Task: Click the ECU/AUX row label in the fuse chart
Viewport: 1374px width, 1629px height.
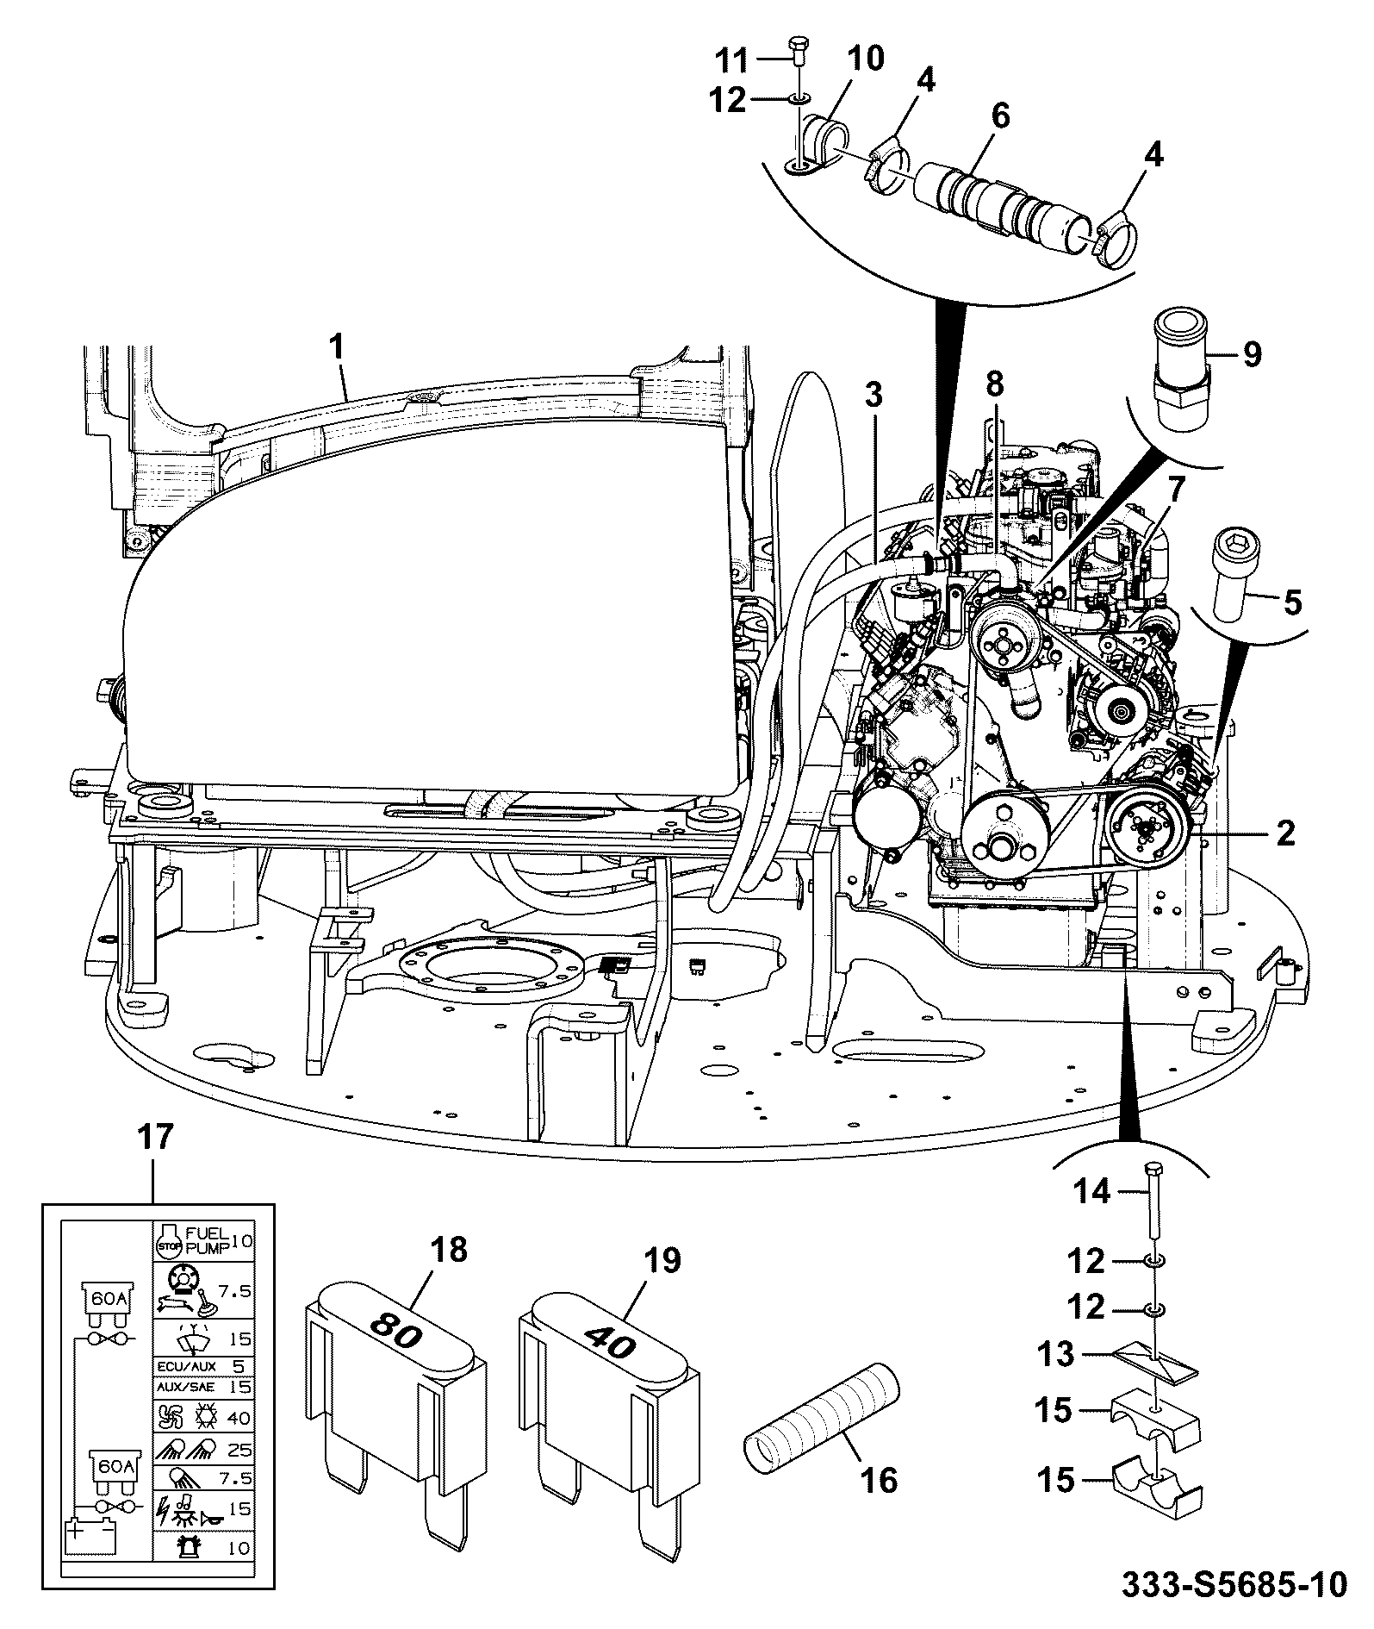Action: click(x=187, y=1366)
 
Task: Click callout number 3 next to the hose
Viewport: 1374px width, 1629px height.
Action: click(x=874, y=396)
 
